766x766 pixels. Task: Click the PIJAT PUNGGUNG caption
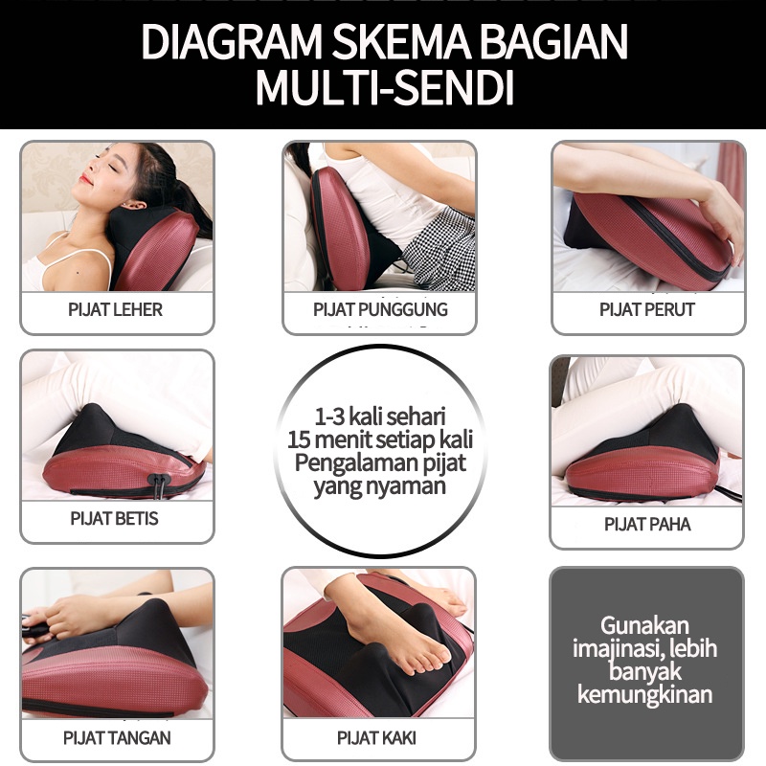380,309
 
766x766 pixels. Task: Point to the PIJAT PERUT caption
646,309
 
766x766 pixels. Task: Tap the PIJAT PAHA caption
646,524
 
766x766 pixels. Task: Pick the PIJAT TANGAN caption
117,737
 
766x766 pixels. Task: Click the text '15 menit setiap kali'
382,440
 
